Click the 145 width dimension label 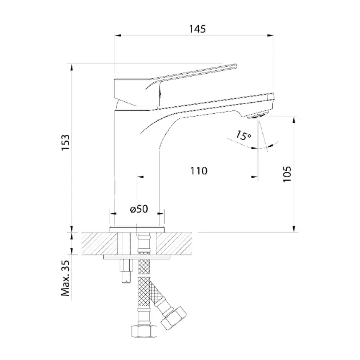(x=197, y=29)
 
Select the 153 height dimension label (x=66, y=143)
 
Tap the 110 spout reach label (x=199, y=171)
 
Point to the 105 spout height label (x=287, y=174)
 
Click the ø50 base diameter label (x=139, y=209)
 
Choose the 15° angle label (x=243, y=135)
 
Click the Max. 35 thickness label (x=66, y=278)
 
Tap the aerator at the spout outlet (x=258, y=114)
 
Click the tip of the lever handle (x=235, y=66)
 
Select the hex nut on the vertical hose (x=144, y=331)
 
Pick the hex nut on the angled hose (x=174, y=318)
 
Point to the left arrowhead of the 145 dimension (x=118, y=35)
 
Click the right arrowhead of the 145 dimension (x=271, y=35)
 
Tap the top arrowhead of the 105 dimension (x=294, y=120)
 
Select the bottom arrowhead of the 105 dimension (x=294, y=229)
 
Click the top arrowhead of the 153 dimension (x=71, y=67)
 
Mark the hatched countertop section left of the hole (x=99, y=243)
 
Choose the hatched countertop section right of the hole (x=174, y=243)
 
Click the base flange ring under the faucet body (x=137, y=230)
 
